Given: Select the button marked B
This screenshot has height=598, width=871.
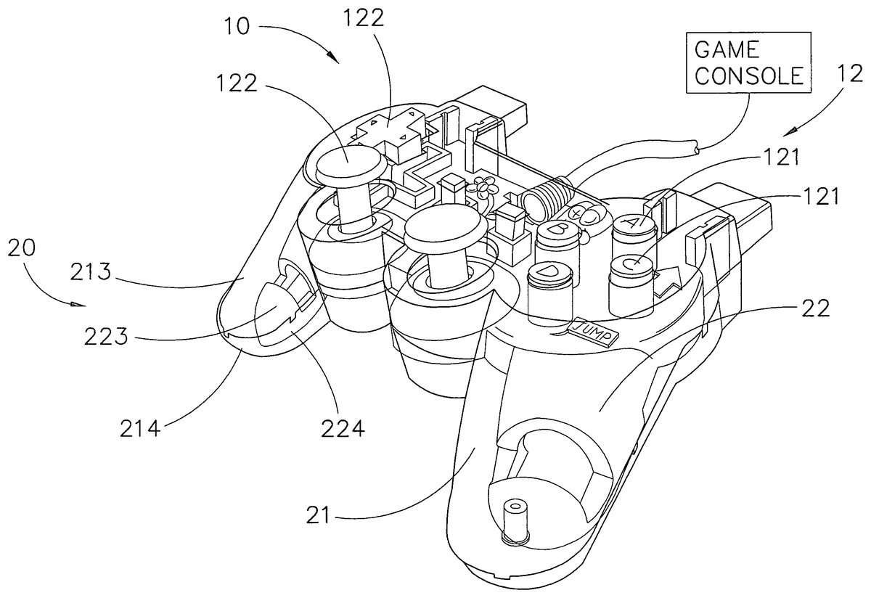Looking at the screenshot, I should click(558, 231).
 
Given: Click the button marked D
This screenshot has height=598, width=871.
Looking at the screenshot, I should click(549, 274).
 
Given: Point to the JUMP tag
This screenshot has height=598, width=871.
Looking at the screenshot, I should click(596, 329).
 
